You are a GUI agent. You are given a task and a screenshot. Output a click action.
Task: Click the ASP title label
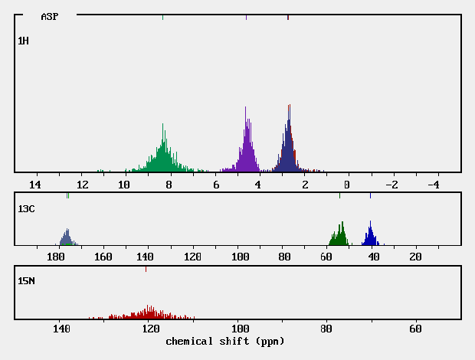49,16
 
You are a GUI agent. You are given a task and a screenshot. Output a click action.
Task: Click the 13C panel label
26,208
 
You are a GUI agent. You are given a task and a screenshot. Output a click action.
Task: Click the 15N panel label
26,281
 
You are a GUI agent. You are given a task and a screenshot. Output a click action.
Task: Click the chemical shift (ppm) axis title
224,341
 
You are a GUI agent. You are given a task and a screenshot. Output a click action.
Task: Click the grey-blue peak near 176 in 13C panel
67,238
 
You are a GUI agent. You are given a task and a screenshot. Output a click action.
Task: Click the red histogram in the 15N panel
149,313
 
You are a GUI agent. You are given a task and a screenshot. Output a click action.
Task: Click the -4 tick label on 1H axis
432,185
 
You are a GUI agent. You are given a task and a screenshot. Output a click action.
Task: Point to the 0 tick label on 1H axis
347,185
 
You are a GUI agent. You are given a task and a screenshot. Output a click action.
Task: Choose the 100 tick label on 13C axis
241,257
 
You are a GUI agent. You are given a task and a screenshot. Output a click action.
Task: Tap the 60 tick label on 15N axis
415,329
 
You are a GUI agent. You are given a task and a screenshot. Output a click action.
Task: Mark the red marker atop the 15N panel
146,269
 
